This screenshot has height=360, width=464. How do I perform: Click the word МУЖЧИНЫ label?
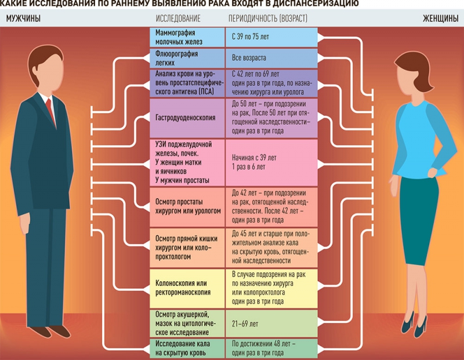click(x=23, y=19)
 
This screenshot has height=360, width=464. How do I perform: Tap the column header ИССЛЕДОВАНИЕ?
click(x=176, y=19)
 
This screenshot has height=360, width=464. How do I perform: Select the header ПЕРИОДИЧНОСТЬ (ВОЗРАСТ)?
click(x=267, y=19)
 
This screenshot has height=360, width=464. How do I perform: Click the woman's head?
click(x=409, y=70)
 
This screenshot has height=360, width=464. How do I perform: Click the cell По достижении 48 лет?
click(x=272, y=348)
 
